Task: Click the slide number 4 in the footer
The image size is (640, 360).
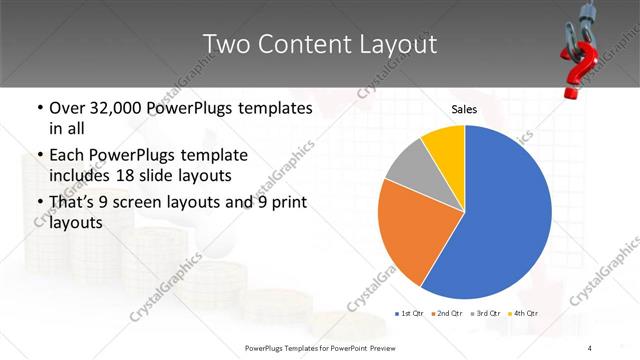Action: click(x=590, y=348)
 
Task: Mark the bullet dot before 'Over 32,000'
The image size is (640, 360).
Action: click(x=39, y=108)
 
